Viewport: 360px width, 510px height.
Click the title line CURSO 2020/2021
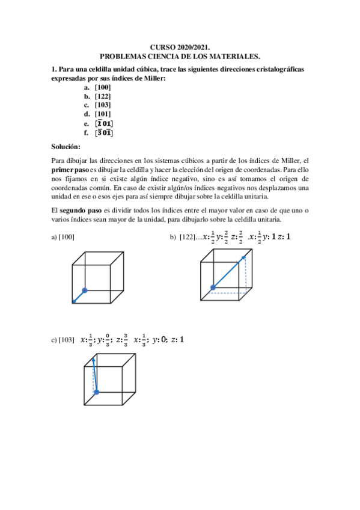tap(180, 48)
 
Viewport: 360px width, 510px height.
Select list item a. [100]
tap(98, 87)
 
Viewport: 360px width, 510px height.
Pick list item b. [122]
tap(98, 96)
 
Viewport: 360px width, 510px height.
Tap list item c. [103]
tap(98, 105)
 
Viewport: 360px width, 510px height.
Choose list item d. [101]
tap(98, 114)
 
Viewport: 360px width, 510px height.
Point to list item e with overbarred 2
tap(99, 124)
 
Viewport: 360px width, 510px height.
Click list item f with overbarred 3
tap(99, 133)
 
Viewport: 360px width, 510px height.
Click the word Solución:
tap(66, 147)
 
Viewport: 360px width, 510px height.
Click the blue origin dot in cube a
tap(85, 290)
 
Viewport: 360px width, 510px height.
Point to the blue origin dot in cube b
tap(212, 287)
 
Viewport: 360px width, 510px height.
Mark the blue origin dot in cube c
tap(96, 392)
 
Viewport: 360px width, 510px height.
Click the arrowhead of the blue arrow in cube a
tap(73, 301)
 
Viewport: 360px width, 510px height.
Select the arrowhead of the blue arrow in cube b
tap(245, 257)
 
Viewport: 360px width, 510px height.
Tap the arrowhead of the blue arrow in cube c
tap(93, 357)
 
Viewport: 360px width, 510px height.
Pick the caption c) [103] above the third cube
tap(63, 340)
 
